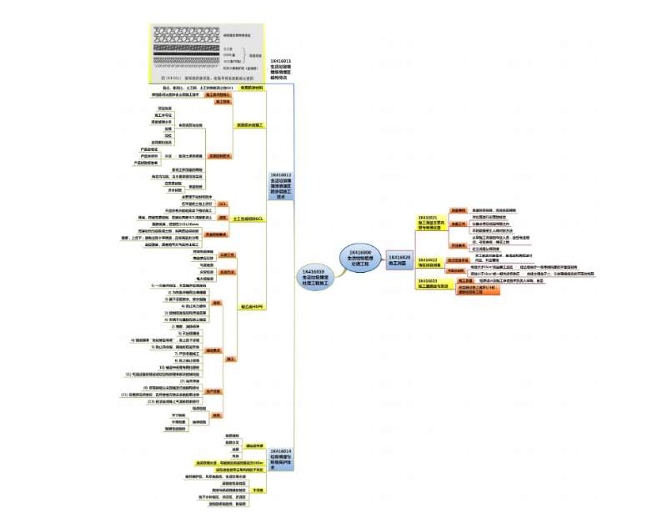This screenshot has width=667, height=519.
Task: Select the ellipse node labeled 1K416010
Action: click(314, 277)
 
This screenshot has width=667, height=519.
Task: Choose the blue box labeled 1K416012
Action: click(281, 189)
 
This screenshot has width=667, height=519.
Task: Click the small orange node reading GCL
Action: click(223, 203)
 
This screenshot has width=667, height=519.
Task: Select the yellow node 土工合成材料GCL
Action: click(248, 219)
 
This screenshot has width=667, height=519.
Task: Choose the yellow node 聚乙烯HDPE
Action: click(250, 306)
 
